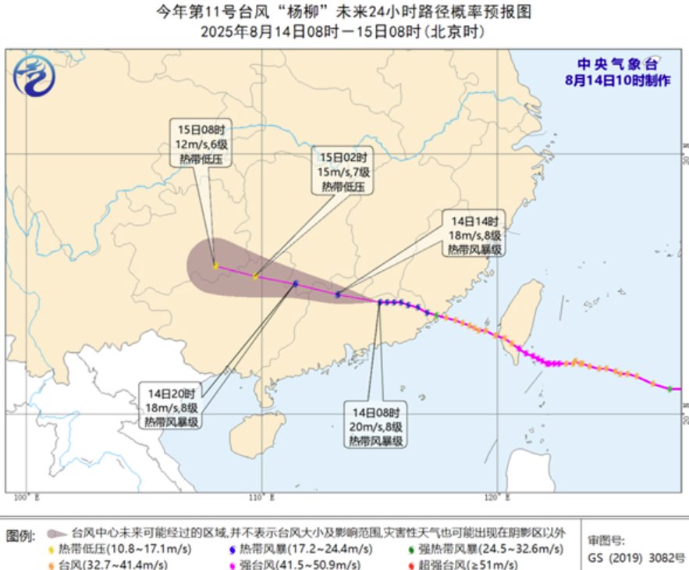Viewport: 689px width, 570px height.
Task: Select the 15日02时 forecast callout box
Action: pyautogui.click(x=343, y=170)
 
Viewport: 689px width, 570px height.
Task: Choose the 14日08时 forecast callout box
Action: pyautogui.click(x=375, y=426)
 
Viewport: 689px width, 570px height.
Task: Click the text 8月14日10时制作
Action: pyautogui.click(x=619, y=81)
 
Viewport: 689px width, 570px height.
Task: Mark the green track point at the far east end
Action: pyautogui.click(x=669, y=389)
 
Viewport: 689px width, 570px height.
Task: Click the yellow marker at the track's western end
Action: pyautogui.click(x=215, y=267)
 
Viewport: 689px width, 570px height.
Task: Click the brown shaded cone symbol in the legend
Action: pyautogui.click(x=55, y=534)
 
